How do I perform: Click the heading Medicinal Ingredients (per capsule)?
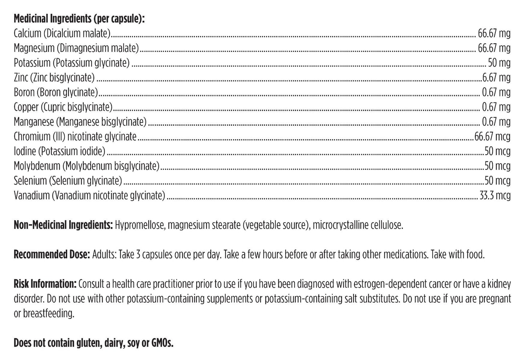tap(79, 19)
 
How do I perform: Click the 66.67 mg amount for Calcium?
tap(494, 33)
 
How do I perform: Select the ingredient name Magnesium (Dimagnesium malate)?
tap(76, 48)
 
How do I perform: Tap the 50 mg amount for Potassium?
tap(499, 63)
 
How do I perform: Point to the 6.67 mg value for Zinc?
tap(495, 77)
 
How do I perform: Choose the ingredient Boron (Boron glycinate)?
tap(56, 92)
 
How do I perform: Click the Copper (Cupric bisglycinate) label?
tap(63, 107)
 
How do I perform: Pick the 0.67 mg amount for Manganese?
tap(496, 122)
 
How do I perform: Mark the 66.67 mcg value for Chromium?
tap(492, 137)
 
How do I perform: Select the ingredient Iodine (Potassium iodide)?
tap(60, 151)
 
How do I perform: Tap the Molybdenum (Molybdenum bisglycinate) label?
tap(86, 166)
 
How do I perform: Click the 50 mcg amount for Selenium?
tap(497, 181)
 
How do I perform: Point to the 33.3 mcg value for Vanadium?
tap(495, 195)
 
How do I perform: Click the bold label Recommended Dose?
tap(52, 254)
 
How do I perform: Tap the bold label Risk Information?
tap(45, 284)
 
